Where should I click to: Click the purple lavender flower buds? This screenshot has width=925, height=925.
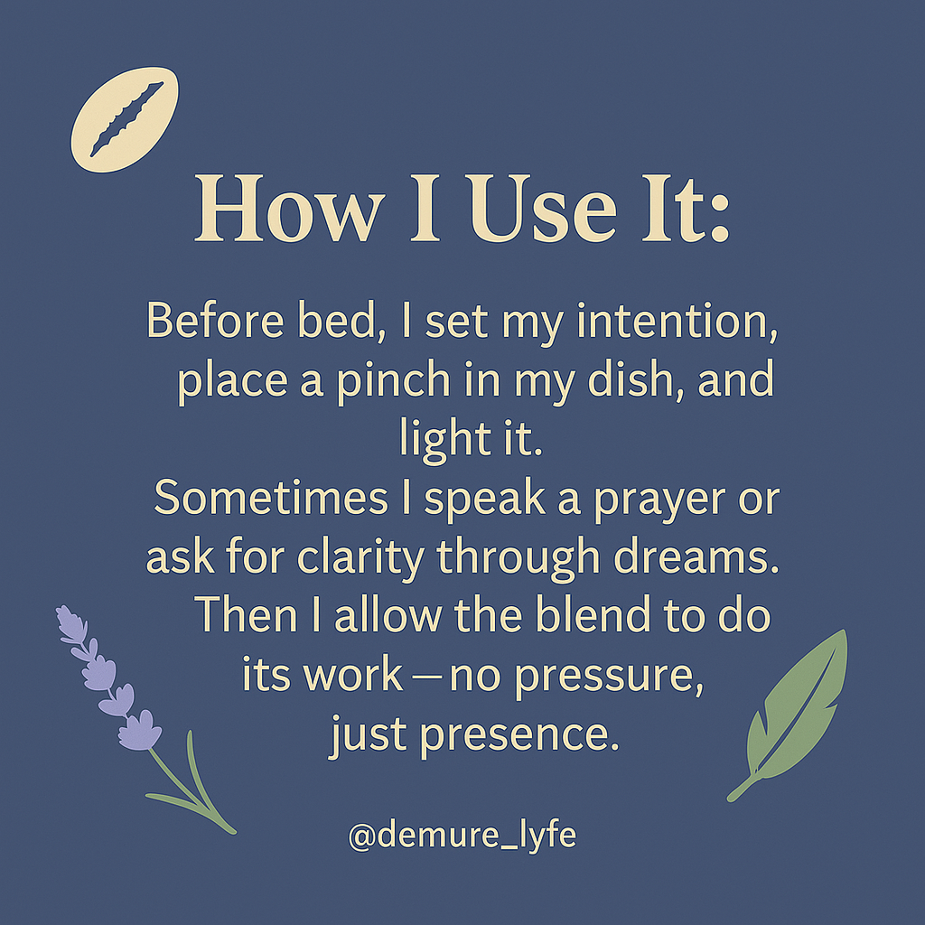pos(107,678)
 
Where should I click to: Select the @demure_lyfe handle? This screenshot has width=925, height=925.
pos(462,836)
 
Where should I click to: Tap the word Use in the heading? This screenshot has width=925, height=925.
pos(543,209)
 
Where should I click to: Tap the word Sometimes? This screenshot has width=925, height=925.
pos(271,498)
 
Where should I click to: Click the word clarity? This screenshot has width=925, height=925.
pos(360,557)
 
